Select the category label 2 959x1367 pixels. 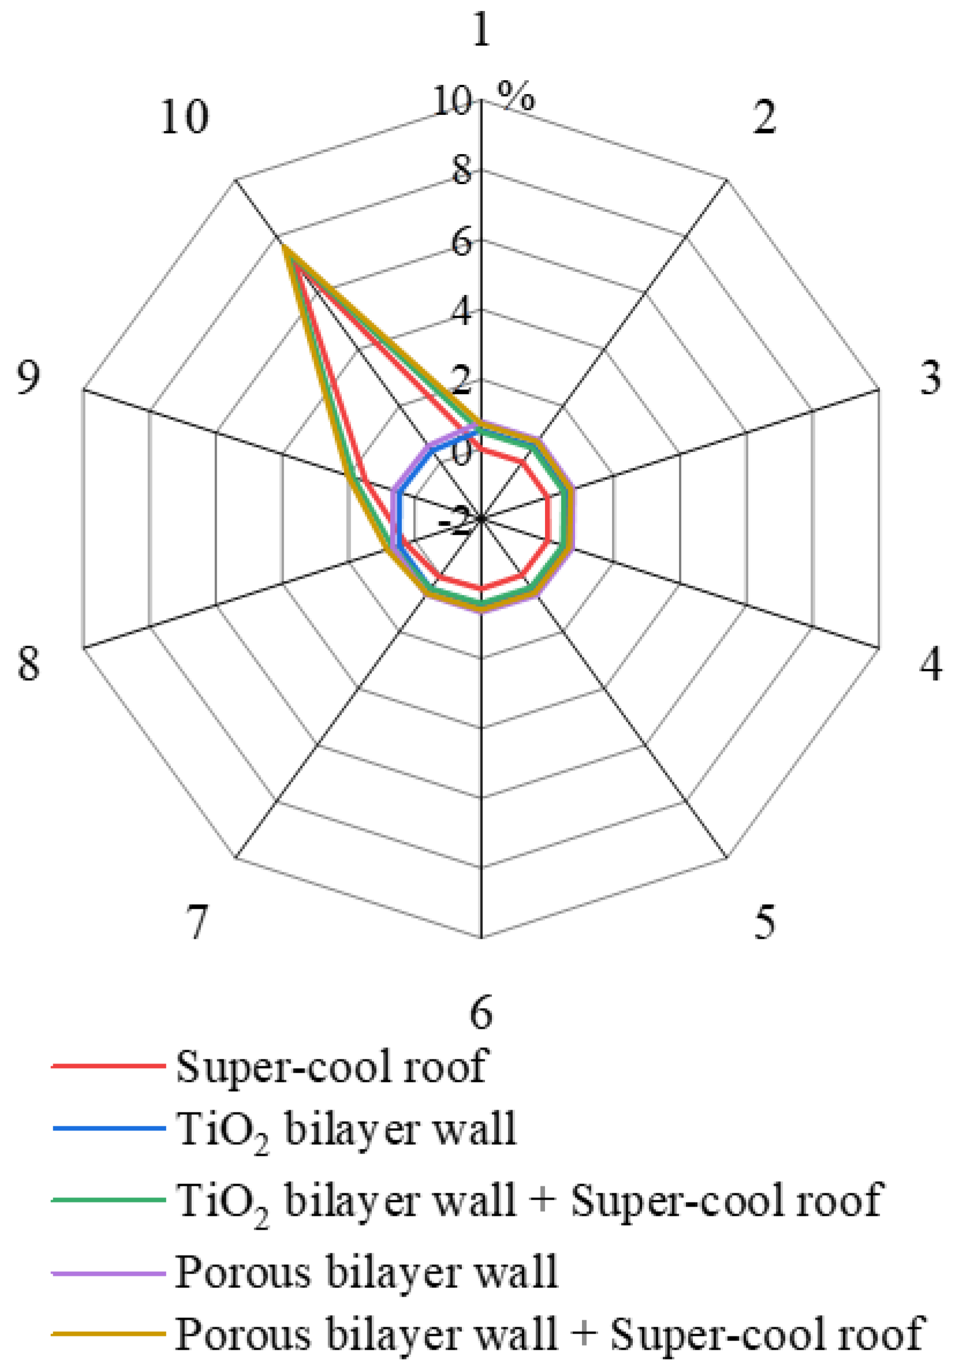click(x=764, y=117)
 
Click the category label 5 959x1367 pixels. click(x=765, y=922)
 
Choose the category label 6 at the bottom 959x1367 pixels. click(x=481, y=1013)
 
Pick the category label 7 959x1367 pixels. click(x=197, y=922)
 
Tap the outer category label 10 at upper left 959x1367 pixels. click(x=185, y=117)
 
